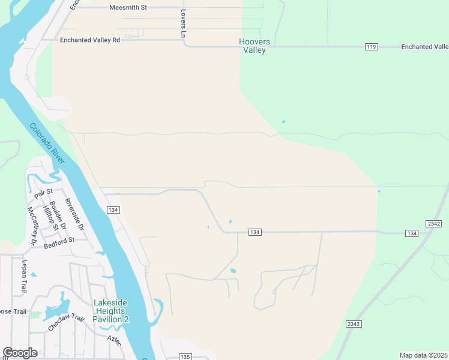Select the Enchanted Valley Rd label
90,40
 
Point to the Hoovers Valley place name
255,46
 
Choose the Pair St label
44,193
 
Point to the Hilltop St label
49,218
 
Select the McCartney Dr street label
32,226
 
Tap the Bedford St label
59,240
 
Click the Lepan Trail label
25,277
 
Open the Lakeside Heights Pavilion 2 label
110,311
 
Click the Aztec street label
114,340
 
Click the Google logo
20,353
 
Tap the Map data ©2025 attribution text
423,355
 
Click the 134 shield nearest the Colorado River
113,209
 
